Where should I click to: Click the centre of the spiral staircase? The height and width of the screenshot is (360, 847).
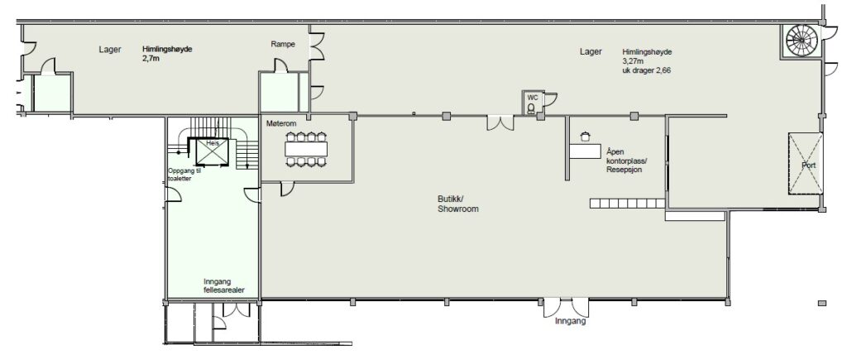click(x=802, y=41)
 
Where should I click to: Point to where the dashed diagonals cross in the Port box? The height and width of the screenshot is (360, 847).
click(x=806, y=163)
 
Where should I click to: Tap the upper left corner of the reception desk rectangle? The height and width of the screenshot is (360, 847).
click(x=570, y=143)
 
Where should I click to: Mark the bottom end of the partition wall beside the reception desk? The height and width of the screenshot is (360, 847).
click(x=567, y=180)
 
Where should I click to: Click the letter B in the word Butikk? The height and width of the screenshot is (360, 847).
click(x=440, y=199)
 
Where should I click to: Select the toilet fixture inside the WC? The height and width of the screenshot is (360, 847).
click(x=531, y=108)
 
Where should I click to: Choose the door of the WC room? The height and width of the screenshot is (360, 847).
click(x=550, y=99)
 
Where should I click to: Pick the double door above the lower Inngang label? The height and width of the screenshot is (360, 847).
click(x=566, y=308)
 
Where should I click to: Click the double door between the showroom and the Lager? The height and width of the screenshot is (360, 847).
click(x=500, y=122)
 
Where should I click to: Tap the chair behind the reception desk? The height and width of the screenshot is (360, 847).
click(x=585, y=137)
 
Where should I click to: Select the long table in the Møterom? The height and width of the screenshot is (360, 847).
click(x=307, y=148)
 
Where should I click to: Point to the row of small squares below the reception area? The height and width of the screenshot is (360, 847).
click(x=627, y=204)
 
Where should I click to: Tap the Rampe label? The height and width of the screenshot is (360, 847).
click(x=283, y=45)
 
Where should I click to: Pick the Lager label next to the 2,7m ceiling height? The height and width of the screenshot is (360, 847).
click(x=110, y=50)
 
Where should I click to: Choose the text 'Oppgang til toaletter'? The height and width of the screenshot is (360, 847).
click(x=184, y=174)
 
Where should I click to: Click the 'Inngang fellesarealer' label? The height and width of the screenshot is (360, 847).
click(x=223, y=286)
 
